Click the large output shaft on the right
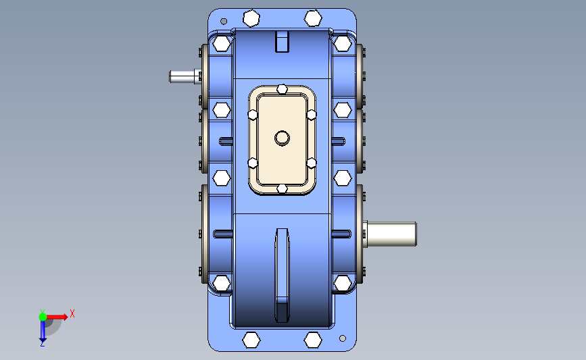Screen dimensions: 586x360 pyautogui.click(x=390, y=234)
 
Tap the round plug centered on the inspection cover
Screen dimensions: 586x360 pyautogui.click(x=282, y=138)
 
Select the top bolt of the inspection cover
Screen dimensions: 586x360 pyautogui.click(x=282, y=89)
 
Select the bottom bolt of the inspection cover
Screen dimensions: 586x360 pyautogui.click(x=282, y=189)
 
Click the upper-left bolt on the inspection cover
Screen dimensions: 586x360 pyautogui.click(x=253, y=115)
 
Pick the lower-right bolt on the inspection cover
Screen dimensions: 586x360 pyautogui.click(x=312, y=163)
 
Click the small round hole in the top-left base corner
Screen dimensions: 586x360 pyautogui.click(x=224, y=22)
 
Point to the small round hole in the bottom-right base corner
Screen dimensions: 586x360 pyautogui.click(x=343, y=338)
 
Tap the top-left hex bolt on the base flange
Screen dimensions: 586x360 pyautogui.click(x=251, y=18)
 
